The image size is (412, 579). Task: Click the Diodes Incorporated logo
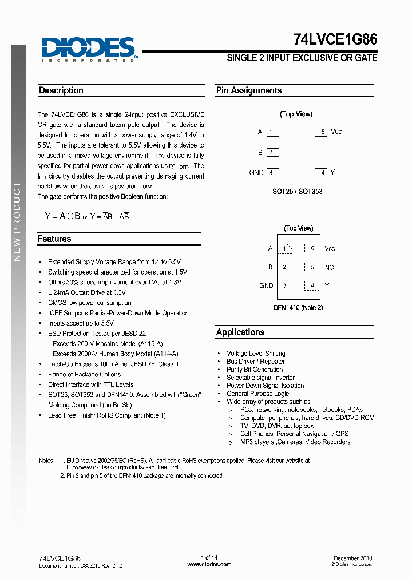pyautogui.click(x=88, y=49)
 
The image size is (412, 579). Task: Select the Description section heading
pyautogui.click(x=61, y=90)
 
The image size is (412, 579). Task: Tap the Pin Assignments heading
pyautogui.click(x=248, y=90)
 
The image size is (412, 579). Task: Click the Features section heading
pyautogui.click(x=54, y=239)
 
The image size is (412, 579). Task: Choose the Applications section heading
pyautogui.click(x=240, y=332)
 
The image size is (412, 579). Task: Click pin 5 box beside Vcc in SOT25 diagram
pyautogui.click(x=323, y=132)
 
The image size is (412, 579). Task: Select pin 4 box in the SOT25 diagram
pyautogui.click(x=323, y=173)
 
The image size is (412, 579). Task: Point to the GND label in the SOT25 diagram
pyautogui.click(x=256, y=173)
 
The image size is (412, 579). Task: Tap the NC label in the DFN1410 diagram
pyautogui.click(x=329, y=268)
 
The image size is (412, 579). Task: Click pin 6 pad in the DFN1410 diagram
pyautogui.click(x=312, y=248)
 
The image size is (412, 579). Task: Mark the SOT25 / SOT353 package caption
pyautogui.click(x=297, y=192)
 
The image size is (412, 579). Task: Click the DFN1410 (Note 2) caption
pyautogui.click(x=298, y=308)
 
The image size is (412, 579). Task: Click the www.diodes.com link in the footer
pyautogui.click(x=209, y=565)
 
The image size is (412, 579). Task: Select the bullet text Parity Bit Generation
pyautogui.click(x=255, y=370)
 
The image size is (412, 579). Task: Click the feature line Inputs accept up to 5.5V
pyautogui.click(x=81, y=323)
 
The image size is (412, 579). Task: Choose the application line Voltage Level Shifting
pyautogui.click(x=256, y=354)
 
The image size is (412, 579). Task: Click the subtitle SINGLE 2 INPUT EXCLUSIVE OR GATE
pyautogui.click(x=302, y=58)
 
